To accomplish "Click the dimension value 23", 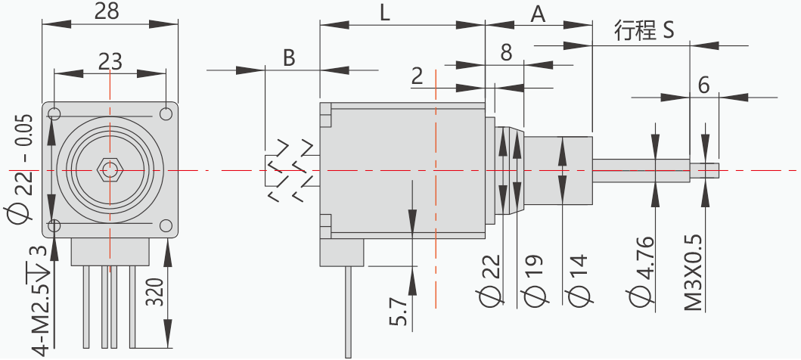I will coord(110,61).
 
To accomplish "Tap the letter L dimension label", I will coord(385,13).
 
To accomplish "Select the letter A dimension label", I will coord(538,13).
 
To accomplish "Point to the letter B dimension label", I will coord(289,57).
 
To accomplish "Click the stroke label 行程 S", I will coord(644,31).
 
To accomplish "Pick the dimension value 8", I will coord(506,52).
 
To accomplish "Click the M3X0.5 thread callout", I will coord(693,273).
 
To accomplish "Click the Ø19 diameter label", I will coord(534,280).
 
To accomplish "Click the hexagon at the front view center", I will coord(110,170).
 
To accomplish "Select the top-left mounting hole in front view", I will coord(54,114).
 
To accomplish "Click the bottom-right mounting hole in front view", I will coord(166,225).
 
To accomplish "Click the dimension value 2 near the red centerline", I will coord(418,75).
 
